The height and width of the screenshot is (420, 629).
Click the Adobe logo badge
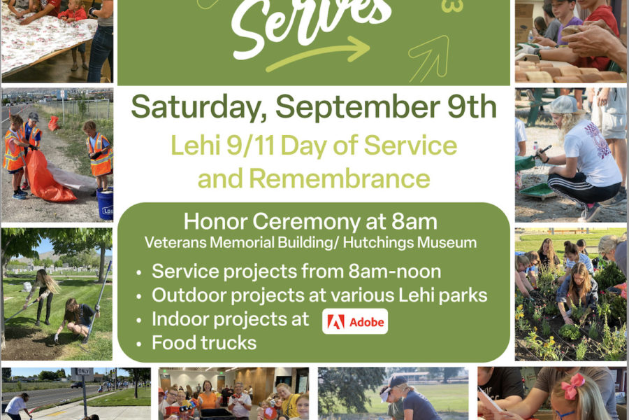pyautogui.click(x=355, y=321)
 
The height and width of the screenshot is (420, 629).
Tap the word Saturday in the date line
pyautogui.click(x=199, y=107)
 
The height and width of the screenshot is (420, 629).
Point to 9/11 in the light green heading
pyautogui.click(x=250, y=145)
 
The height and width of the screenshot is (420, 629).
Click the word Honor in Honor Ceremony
pyautogui.click(x=215, y=221)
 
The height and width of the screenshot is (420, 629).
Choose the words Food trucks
pyautogui.click(x=204, y=343)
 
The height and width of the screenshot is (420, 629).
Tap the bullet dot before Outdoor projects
pyautogui.click(x=139, y=297)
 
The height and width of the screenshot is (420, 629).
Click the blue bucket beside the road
pyautogui.click(x=105, y=203)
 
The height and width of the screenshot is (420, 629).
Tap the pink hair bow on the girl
pyautogui.click(x=573, y=386)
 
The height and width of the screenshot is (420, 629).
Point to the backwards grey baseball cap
pyautogui.click(x=565, y=105)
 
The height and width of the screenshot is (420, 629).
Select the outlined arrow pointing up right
pyautogui.click(x=429, y=57)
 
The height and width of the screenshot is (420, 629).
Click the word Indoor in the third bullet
pyautogui.click(x=179, y=319)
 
